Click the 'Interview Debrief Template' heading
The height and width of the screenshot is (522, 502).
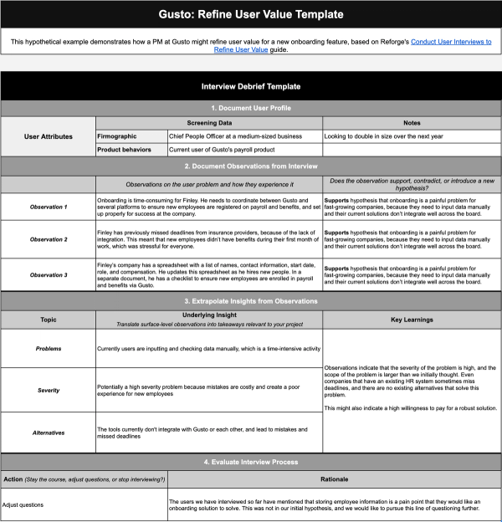(x=251, y=87)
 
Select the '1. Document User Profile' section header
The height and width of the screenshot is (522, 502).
(x=251, y=108)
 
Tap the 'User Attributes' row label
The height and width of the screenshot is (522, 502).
(x=48, y=136)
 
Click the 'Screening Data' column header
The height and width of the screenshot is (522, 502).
(x=209, y=121)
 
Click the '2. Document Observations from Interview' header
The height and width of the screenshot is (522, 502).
(x=251, y=166)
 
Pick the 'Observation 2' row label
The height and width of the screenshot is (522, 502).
(x=48, y=239)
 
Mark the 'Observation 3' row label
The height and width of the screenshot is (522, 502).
(x=48, y=274)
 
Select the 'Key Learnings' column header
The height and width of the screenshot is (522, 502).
(x=412, y=320)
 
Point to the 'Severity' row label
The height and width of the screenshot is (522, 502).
(x=48, y=390)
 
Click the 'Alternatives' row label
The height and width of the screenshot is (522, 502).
(x=48, y=432)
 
